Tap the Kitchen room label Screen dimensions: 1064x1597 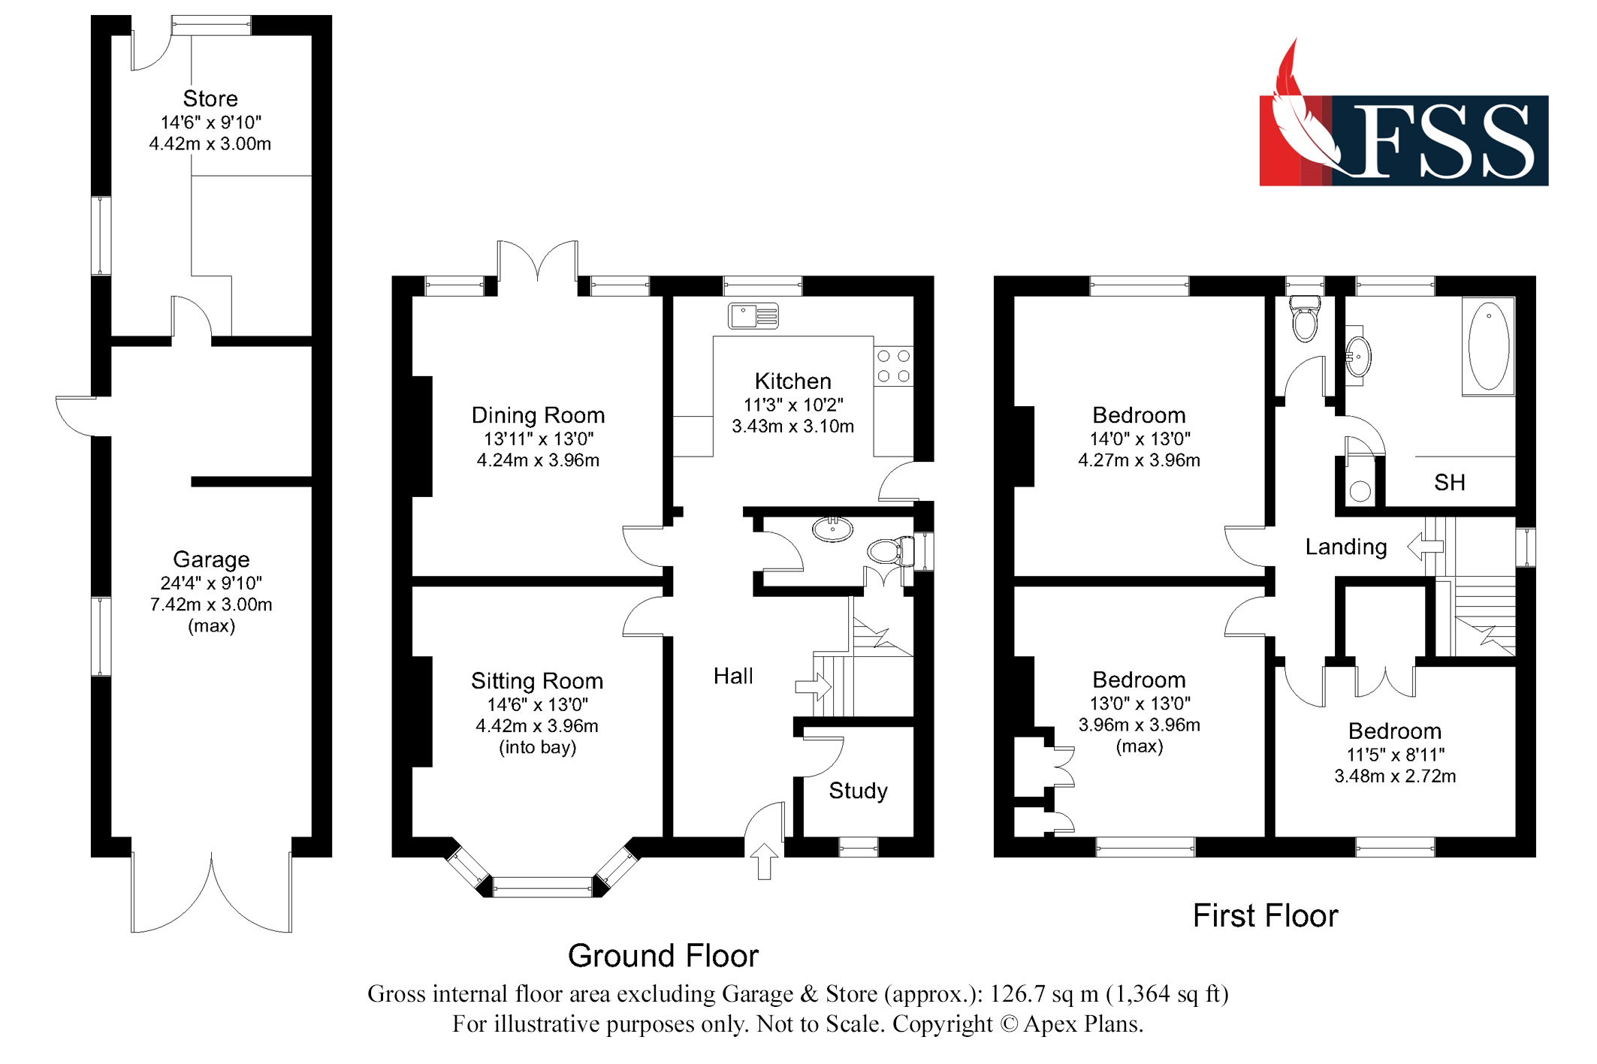pyautogui.click(x=792, y=381)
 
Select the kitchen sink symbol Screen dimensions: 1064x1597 pyautogui.click(x=753, y=315)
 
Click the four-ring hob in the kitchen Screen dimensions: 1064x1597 pyautogui.click(x=893, y=366)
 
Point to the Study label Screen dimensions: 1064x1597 pyautogui.click(x=858, y=791)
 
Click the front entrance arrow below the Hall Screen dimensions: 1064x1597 pyautogui.click(x=764, y=861)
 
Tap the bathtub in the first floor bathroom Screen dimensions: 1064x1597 pyautogui.click(x=1487, y=346)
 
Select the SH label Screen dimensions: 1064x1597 pyautogui.click(x=1449, y=482)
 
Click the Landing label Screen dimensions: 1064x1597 pyautogui.click(x=1345, y=547)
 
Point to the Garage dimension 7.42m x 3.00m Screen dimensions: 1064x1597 pyautogui.click(x=211, y=604)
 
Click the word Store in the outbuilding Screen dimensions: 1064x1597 pyautogui.click(x=210, y=98)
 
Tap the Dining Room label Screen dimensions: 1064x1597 pyautogui.click(x=538, y=415)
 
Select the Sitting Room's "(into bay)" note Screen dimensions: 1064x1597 pyautogui.click(x=538, y=747)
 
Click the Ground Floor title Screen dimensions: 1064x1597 pyautogui.click(x=663, y=956)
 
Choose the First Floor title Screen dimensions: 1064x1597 pyautogui.click(x=1265, y=916)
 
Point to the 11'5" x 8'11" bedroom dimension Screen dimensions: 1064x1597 pyautogui.click(x=1395, y=755)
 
